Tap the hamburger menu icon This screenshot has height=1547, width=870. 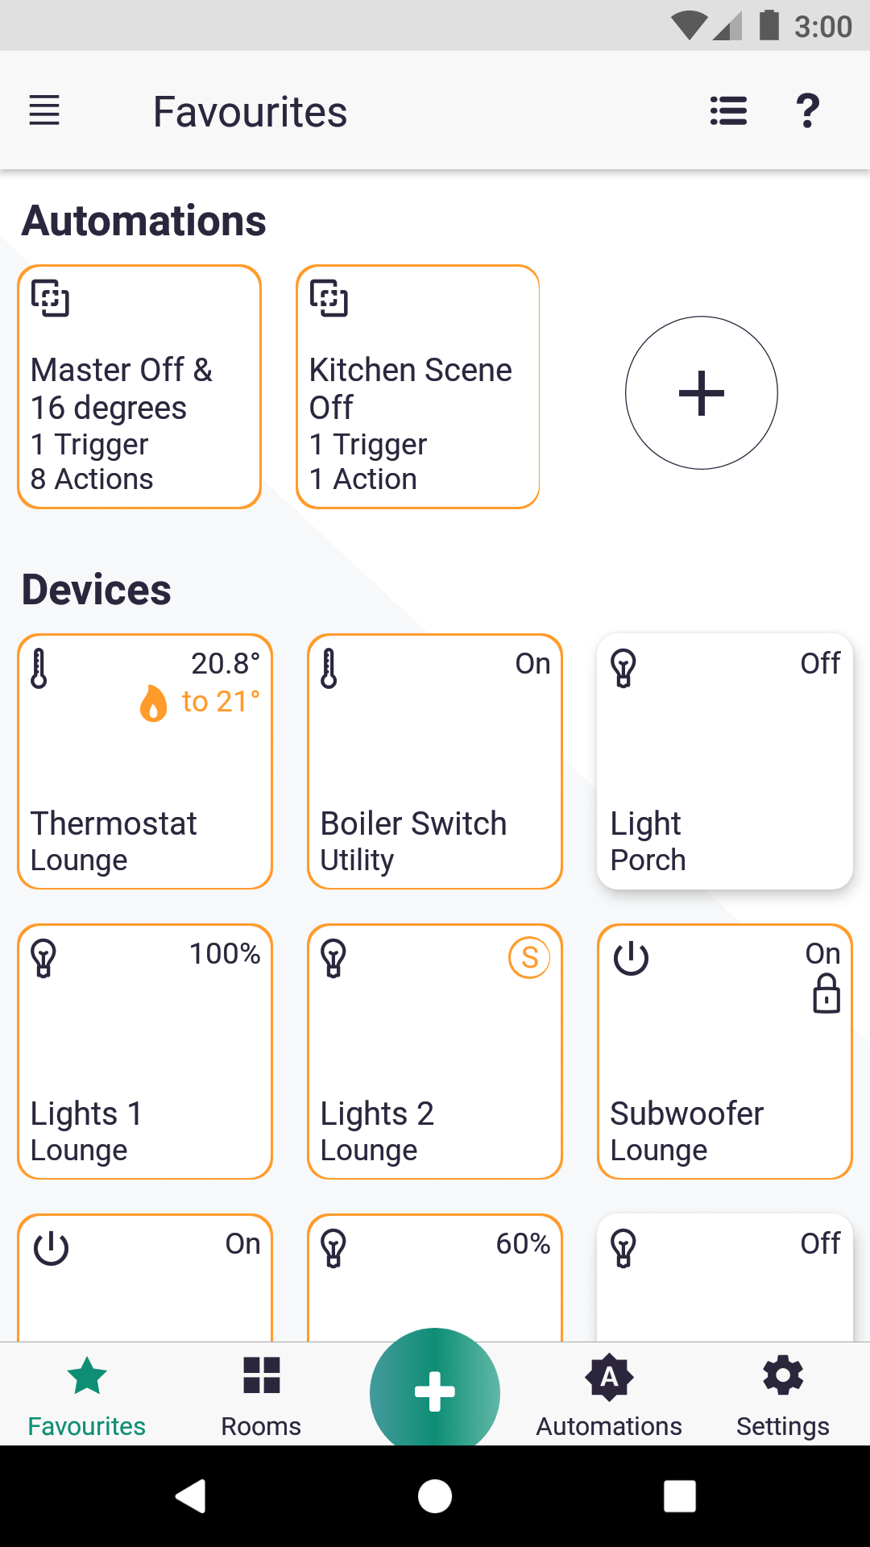point(44,110)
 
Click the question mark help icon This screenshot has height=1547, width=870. point(807,110)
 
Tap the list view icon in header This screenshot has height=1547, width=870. point(728,110)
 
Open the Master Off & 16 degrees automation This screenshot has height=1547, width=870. point(139,388)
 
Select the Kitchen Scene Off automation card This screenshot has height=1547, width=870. point(417,388)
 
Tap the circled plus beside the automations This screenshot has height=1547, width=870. point(701,393)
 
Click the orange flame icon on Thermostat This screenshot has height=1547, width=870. point(153,703)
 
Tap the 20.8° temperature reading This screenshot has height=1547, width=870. point(225,664)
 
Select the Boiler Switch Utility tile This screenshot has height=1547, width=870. point(435,762)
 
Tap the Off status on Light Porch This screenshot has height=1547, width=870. point(819,664)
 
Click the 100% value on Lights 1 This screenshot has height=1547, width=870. point(225,954)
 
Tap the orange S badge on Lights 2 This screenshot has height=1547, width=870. point(529,958)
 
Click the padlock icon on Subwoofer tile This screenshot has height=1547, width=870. point(826,993)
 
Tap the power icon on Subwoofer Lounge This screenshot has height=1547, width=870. point(631,958)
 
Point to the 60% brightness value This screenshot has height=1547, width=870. point(523,1244)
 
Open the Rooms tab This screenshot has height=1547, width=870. point(261,1395)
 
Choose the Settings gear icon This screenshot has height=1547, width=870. point(783,1376)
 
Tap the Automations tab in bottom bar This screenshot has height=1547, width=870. point(609,1395)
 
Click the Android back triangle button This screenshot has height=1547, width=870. point(192,1496)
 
